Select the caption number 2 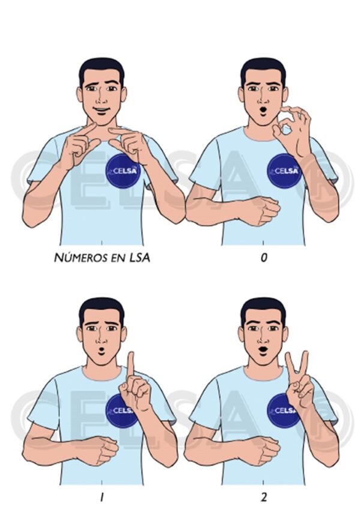coord(263,497)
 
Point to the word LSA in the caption coord(139,258)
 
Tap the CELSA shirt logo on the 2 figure coord(283,410)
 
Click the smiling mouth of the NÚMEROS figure coord(101,110)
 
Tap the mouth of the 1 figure coord(101,351)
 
